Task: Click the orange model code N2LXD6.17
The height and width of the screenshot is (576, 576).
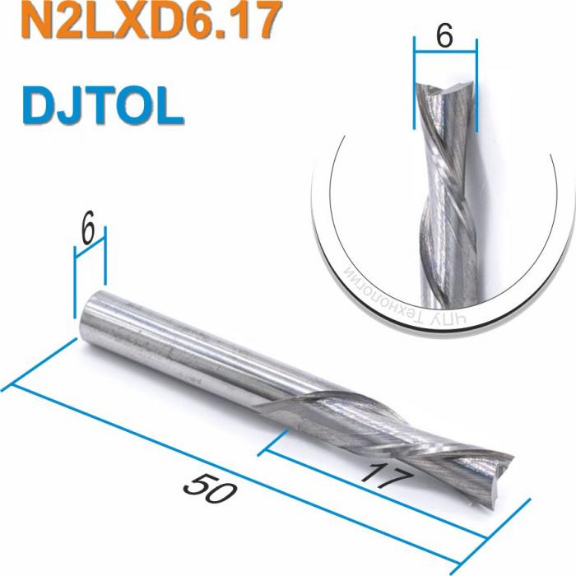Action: pos(136,22)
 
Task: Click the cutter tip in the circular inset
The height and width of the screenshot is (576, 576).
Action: pos(445,91)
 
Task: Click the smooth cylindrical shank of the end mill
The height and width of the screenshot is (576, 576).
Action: pos(165,346)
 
